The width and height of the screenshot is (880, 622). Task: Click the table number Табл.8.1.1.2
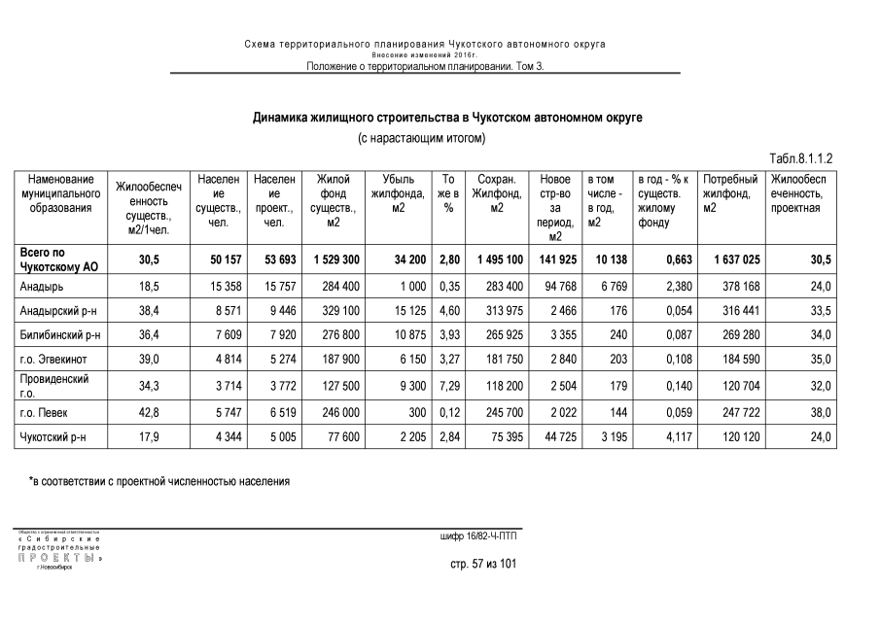click(801, 157)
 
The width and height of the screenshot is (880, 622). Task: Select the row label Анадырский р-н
click(57, 310)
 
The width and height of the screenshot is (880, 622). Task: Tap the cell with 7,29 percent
click(448, 386)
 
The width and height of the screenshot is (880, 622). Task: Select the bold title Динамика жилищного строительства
click(447, 118)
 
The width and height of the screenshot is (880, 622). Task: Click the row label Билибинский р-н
click(60, 335)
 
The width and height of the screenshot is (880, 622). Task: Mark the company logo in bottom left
click(57, 549)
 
